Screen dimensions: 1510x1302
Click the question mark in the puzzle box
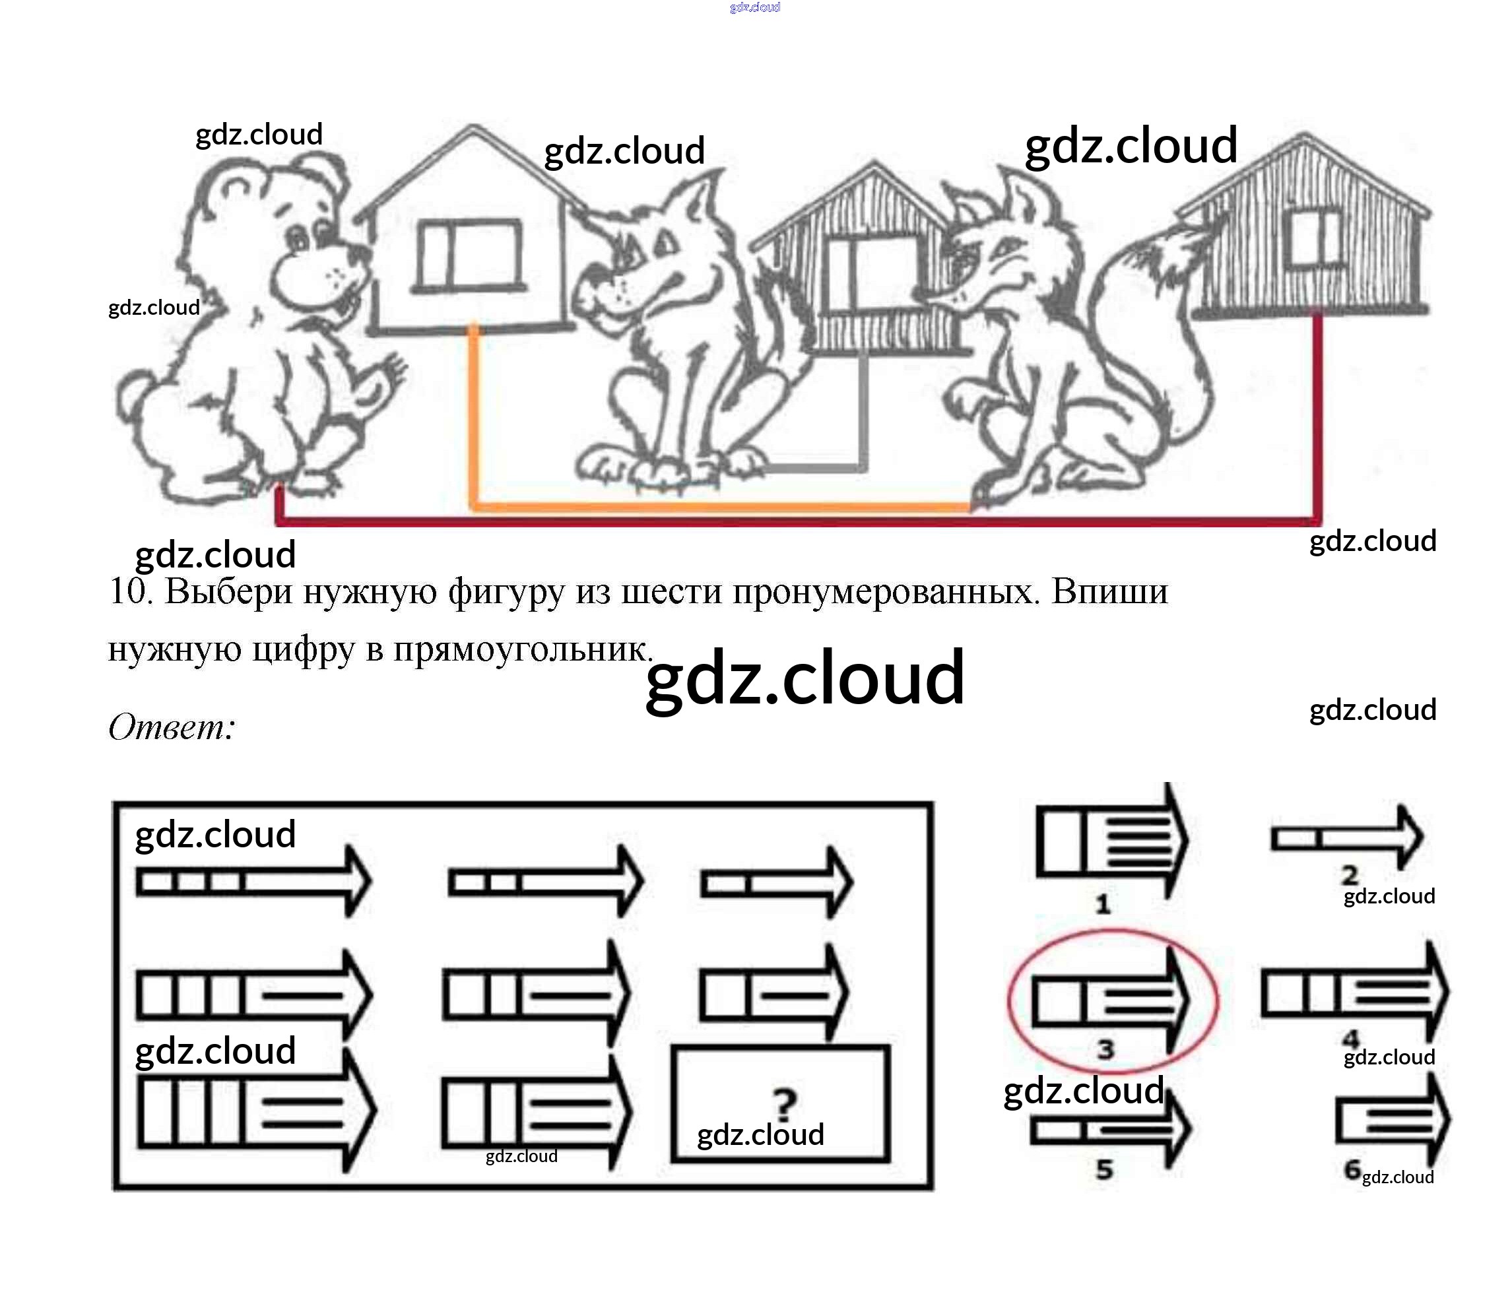(784, 1104)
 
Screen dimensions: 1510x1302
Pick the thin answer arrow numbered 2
(1348, 838)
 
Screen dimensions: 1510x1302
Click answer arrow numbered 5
(1110, 1130)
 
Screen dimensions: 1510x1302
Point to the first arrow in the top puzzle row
(254, 882)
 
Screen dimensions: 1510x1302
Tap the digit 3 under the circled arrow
(1105, 1050)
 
